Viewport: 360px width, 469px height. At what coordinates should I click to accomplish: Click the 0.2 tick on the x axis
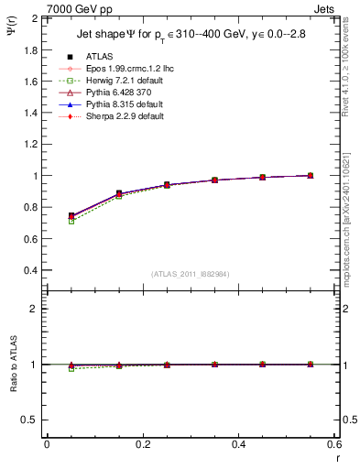tap(143, 444)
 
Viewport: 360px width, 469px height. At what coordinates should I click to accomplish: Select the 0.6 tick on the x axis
tap(333, 444)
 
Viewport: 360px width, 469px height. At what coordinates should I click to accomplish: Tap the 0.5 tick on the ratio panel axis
tap(32, 420)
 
